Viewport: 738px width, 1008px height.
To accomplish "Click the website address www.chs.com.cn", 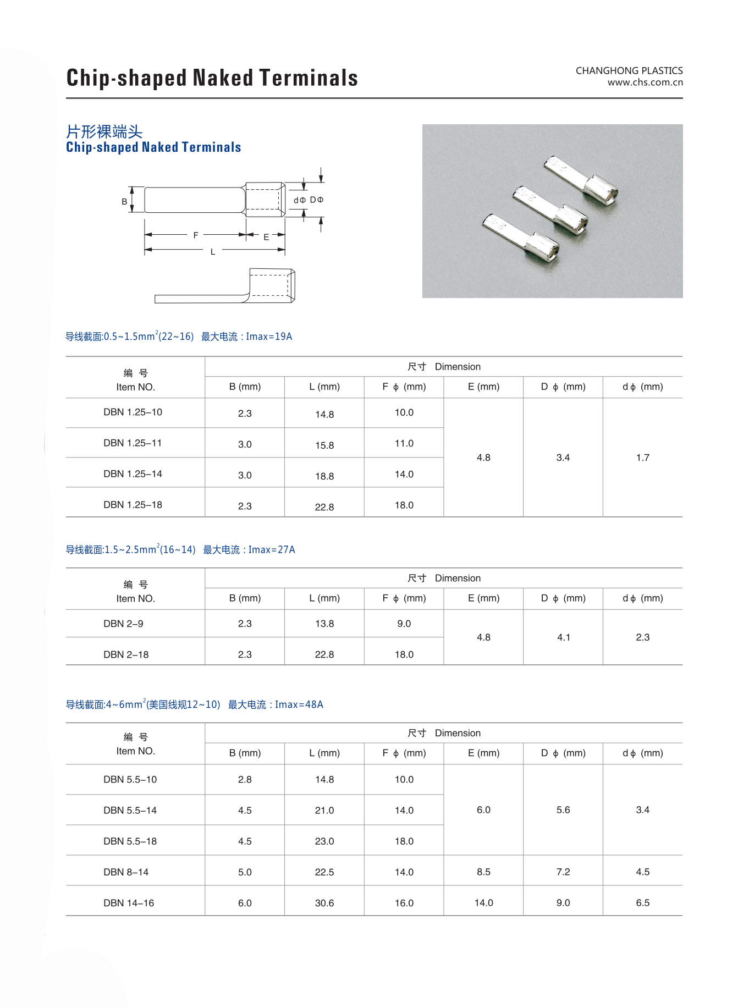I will (x=645, y=82).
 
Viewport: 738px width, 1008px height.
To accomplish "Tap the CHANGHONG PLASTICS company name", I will (x=629, y=70).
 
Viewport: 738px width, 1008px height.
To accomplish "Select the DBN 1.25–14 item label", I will (x=133, y=473).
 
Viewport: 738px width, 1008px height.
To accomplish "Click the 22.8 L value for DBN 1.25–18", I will (x=324, y=507).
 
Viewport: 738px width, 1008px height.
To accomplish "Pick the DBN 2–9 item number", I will (x=123, y=624).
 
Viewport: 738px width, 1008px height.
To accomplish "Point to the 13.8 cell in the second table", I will (x=324, y=624).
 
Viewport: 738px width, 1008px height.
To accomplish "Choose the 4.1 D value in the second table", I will (x=564, y=637).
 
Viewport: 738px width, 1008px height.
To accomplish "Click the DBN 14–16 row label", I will (x=129, y=903).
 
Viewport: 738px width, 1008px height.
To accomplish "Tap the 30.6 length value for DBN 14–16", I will (x=324, y=903).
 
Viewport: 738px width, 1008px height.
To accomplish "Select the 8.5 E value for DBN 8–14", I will (x=483, y=872).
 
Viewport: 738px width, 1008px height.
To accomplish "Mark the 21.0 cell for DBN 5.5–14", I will (x=324, y=811).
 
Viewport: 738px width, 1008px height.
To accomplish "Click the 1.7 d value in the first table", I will (x=642, y=458).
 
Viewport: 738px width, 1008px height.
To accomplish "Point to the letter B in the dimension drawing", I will (x=124, y=202).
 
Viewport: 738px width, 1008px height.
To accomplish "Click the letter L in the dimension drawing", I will (x=213, y=252).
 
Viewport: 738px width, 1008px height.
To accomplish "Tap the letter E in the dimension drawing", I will (x=266, y=237).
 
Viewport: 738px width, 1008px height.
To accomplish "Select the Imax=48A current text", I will (x=299, y=704).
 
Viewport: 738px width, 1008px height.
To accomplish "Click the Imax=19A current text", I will (x=269, y=337).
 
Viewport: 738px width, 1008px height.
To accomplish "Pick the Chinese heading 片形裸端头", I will (x=104, y=132).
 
